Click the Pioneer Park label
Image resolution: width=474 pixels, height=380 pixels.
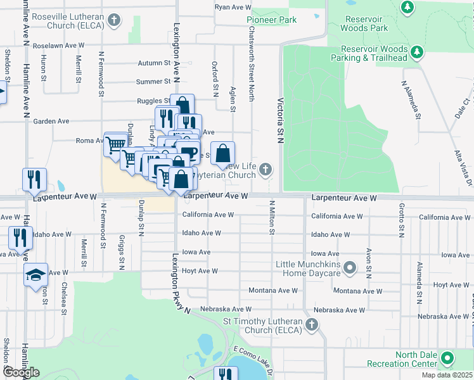point(271,20)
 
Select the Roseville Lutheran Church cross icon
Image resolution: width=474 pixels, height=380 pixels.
point(114,20)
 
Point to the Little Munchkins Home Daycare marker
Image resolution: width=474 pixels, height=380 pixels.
point(349,269)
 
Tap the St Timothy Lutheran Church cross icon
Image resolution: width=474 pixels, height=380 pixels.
point(311,326)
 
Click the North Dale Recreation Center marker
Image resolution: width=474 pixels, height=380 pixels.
point(447,360)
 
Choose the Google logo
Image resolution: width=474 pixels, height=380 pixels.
point(21,372)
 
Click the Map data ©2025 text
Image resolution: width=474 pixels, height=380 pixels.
point(447,375)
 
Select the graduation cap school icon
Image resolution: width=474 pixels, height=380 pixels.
point(35,274)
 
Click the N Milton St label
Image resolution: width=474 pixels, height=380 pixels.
point(271,217)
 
